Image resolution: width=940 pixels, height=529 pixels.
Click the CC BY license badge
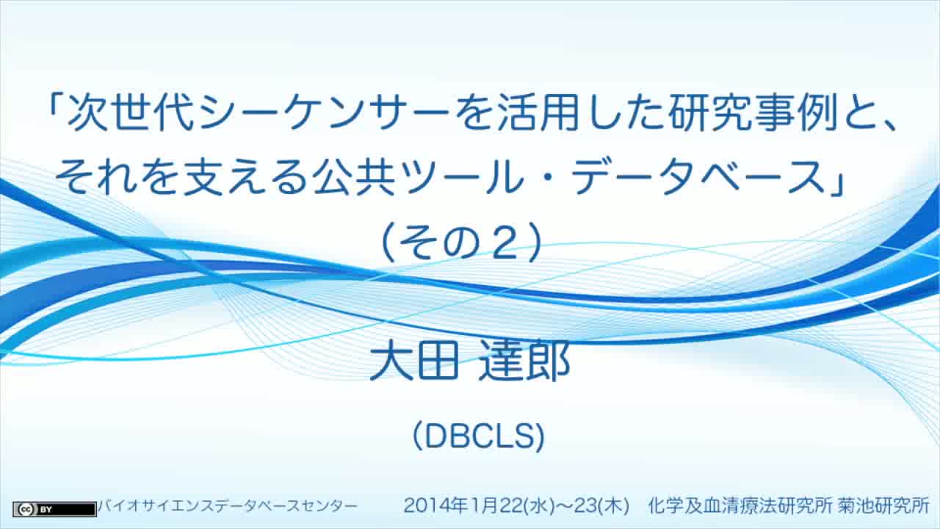tap(54, 509)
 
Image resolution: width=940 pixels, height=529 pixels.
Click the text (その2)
tap(463, 242)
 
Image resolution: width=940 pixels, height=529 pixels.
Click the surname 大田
tap(413, 360)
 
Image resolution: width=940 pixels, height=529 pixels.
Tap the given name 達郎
tap(524, 360)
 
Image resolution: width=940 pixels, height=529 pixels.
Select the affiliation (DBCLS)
tap(479, 436)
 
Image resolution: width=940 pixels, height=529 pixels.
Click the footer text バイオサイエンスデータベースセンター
tap(227, 506)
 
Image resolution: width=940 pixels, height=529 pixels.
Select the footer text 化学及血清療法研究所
tap(740, 505)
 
